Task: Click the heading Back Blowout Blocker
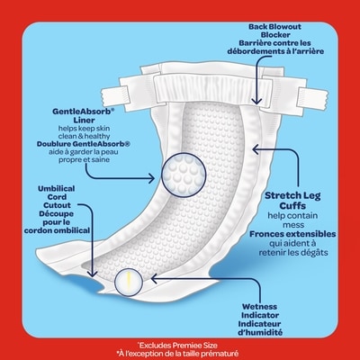point(274,31)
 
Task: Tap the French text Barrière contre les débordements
point(275,47)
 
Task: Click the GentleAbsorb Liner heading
point(84,116)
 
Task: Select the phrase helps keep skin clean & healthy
point(84,132)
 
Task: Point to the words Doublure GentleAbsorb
point(84,144)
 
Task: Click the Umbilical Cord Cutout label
point(57,197)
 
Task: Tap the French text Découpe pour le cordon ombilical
point(57,222)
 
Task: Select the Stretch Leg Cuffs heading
point(292,201)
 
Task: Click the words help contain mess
point(292,220)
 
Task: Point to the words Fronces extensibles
point(292,234)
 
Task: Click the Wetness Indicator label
point(260,310)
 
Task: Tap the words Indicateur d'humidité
point(260,328)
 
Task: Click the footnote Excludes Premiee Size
point(177,346)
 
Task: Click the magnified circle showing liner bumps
point(184,175)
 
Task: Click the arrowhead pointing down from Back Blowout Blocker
point(256,100)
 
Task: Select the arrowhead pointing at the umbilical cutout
point(93,274)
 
